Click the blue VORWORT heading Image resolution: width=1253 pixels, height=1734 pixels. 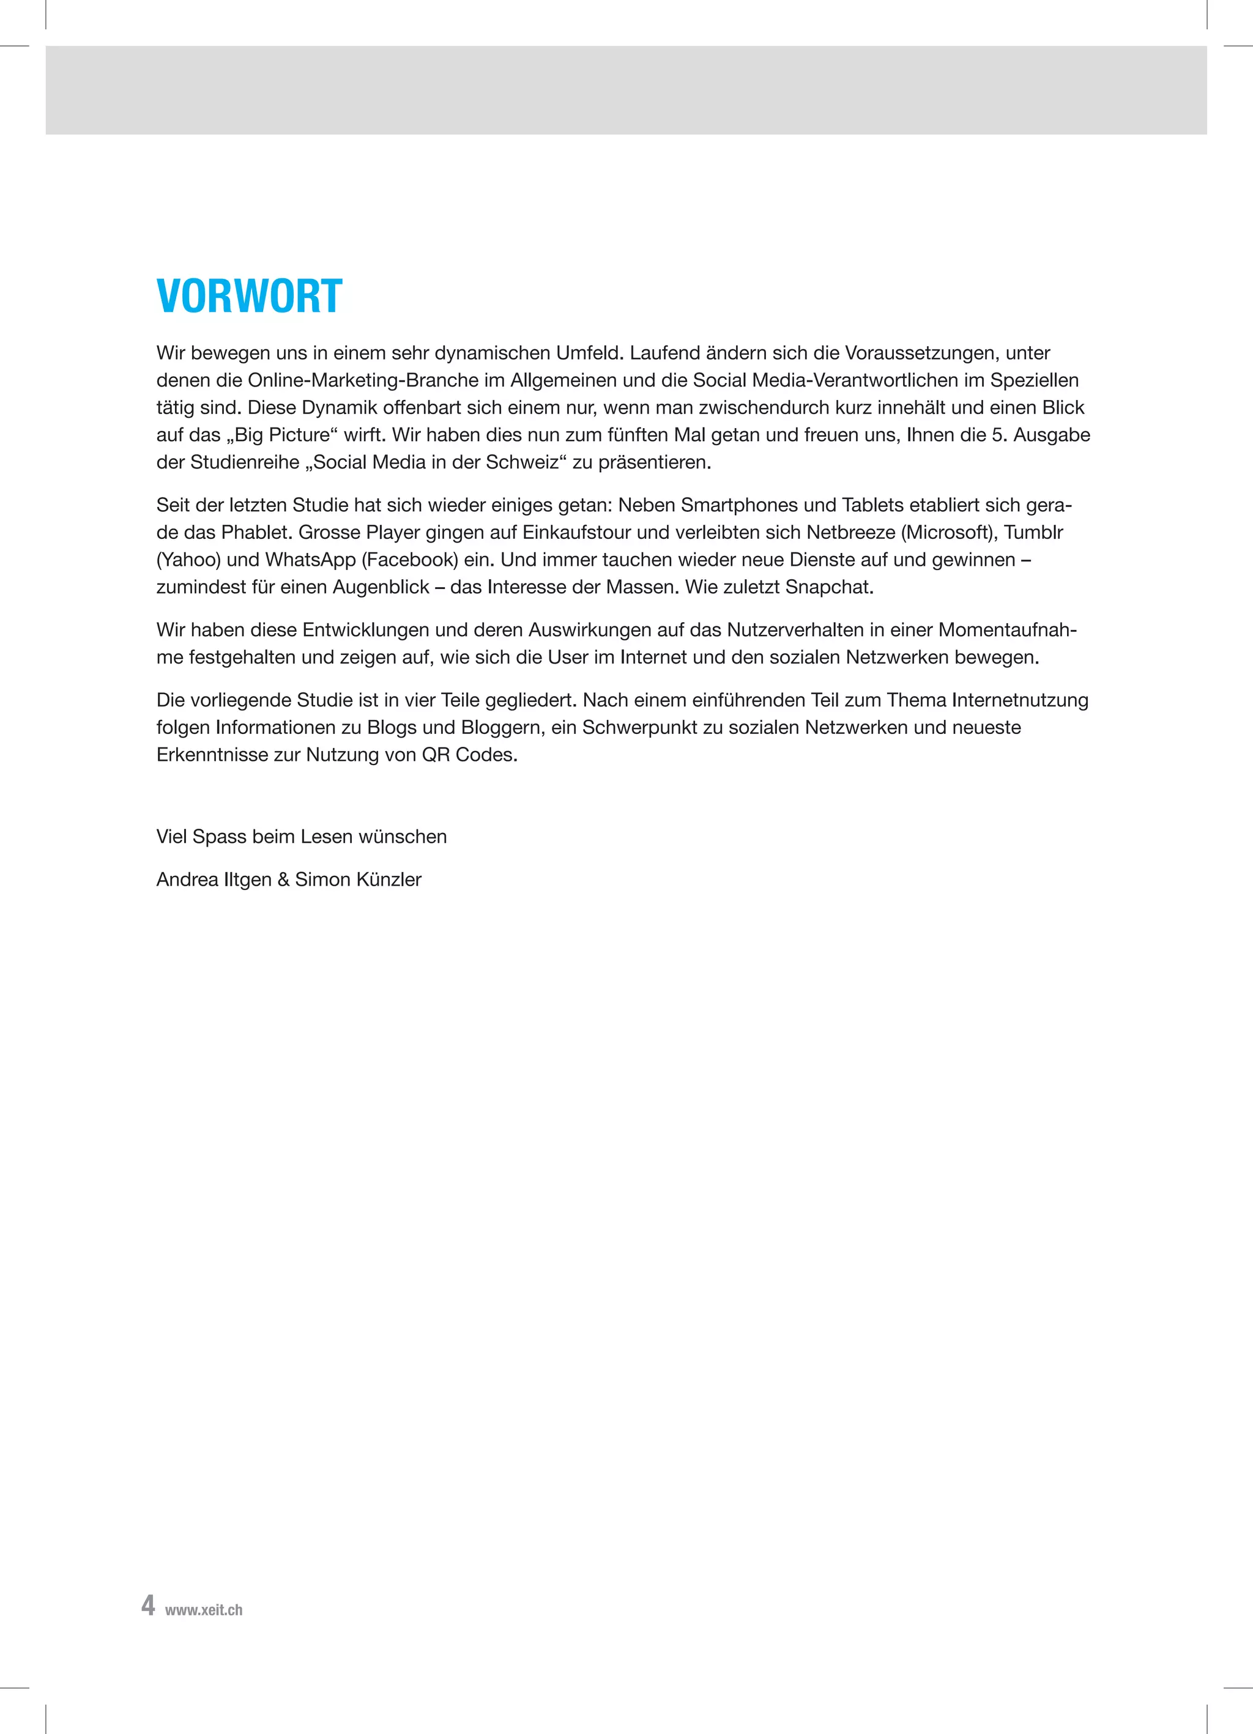(x=250, y=297)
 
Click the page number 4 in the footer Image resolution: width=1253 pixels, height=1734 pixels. (x=147, y=1604)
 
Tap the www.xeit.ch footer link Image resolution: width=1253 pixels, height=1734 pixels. (x=204, y=1609)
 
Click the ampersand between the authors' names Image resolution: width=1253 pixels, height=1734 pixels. (x=283, y=880)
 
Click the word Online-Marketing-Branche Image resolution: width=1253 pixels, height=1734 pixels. (x=363, y=380)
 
